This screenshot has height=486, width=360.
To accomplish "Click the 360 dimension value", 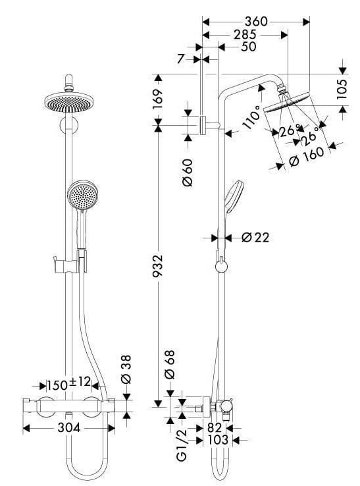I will (255, 21).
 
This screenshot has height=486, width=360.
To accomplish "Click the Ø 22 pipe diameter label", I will (255, 237).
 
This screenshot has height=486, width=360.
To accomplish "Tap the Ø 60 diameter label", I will (188, 171).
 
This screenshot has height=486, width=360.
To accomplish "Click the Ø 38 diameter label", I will (126, 369).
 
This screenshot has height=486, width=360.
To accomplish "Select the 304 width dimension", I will (68, 428).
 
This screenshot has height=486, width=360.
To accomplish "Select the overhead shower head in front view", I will (66, 102).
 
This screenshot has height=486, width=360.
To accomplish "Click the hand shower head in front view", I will (82, 196).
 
